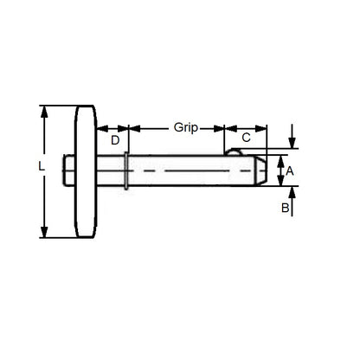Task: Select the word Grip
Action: [184, 127]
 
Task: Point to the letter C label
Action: [246, 138]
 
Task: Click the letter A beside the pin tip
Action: [290, 171]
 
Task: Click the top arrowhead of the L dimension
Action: [44, 110]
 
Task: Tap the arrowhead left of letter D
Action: [105, 127]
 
